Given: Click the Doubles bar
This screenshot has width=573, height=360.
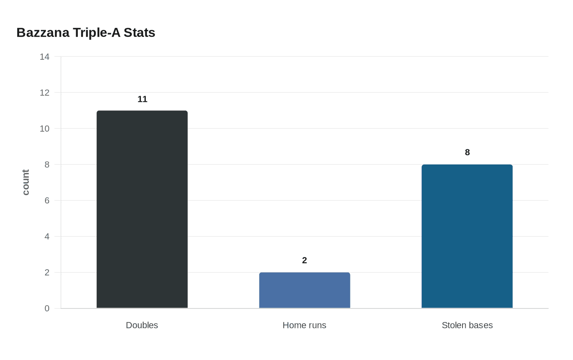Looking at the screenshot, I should pos(142,209).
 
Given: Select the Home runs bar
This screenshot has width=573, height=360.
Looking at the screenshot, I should pos(305,290).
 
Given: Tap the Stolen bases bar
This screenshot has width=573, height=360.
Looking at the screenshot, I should pos(467,236).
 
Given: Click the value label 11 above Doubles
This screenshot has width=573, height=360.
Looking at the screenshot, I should pos(142,99).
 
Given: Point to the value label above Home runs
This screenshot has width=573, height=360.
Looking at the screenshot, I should pos(305,261).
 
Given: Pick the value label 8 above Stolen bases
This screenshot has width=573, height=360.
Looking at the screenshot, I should pos(467,153).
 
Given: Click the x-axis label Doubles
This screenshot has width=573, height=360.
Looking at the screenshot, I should pos(142,325).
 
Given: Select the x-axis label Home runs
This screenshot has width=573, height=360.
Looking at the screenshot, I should pos(305,325).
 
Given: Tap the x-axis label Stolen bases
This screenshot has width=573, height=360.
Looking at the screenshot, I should pos(467,325).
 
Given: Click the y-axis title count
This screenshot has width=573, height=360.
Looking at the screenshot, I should pos(26,182).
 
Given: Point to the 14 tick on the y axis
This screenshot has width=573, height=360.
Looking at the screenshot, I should pos(45,57).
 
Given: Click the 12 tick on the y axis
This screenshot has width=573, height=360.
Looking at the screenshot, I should pos(45,93).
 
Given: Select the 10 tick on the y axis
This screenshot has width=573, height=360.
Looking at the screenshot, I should pos(45,129).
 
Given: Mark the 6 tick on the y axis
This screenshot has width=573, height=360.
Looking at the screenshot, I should pos(47,200).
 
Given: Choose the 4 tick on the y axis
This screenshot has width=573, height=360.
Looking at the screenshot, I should pos(47,236).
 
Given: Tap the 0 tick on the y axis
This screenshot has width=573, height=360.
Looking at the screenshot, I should pos(47,308).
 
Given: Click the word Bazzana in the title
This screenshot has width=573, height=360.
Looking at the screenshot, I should pos(43,33).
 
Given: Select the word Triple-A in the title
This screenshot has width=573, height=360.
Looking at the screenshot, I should pos(97,33).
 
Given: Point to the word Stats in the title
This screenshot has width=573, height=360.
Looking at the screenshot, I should pos(140,33).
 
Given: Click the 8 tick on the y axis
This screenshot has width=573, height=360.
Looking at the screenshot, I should pos(47,164).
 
